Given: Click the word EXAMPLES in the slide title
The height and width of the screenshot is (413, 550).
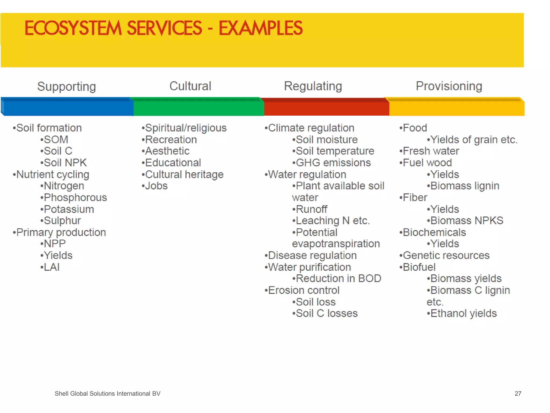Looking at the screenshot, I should [x=260, y=28].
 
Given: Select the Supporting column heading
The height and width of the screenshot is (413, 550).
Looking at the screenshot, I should [x=66, y=87].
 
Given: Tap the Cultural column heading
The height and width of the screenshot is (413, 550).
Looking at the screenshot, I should [x=190, y=86].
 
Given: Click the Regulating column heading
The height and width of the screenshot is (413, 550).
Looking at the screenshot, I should [x=313, y=86].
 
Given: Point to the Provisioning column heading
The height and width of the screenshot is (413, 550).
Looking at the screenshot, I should [x=449, y=86].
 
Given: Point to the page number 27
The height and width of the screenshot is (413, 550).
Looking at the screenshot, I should [x=518, y=394].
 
